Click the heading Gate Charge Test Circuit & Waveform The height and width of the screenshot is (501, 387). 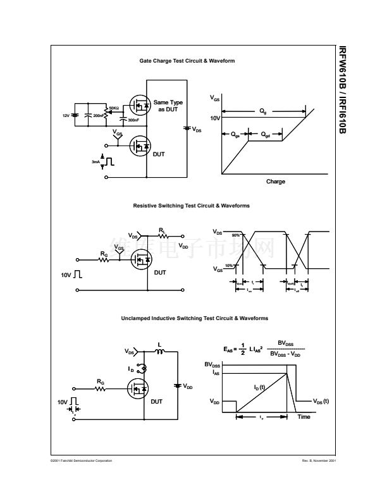point(187,61)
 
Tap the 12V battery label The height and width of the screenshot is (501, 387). point(66,116)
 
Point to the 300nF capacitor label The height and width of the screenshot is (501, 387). point(133,120)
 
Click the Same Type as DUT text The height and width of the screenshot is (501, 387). point(168,106)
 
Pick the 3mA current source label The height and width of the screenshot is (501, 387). point(95,162)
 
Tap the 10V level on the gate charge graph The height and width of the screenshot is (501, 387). point(215,118)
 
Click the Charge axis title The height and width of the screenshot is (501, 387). point(275,182)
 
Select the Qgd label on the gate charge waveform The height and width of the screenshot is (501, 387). point(266,134)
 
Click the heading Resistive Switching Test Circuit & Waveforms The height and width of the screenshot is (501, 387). point(191,206)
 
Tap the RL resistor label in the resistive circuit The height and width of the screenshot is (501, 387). point(163,230)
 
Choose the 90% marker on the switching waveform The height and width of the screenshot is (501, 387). point(235,235)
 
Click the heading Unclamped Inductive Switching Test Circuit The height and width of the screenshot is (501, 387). point(194,318)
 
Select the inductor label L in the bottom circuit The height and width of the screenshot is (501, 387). point(159,345)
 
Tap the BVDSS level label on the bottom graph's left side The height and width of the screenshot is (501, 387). point(212,365)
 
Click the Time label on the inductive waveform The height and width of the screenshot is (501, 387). point(304,417)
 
